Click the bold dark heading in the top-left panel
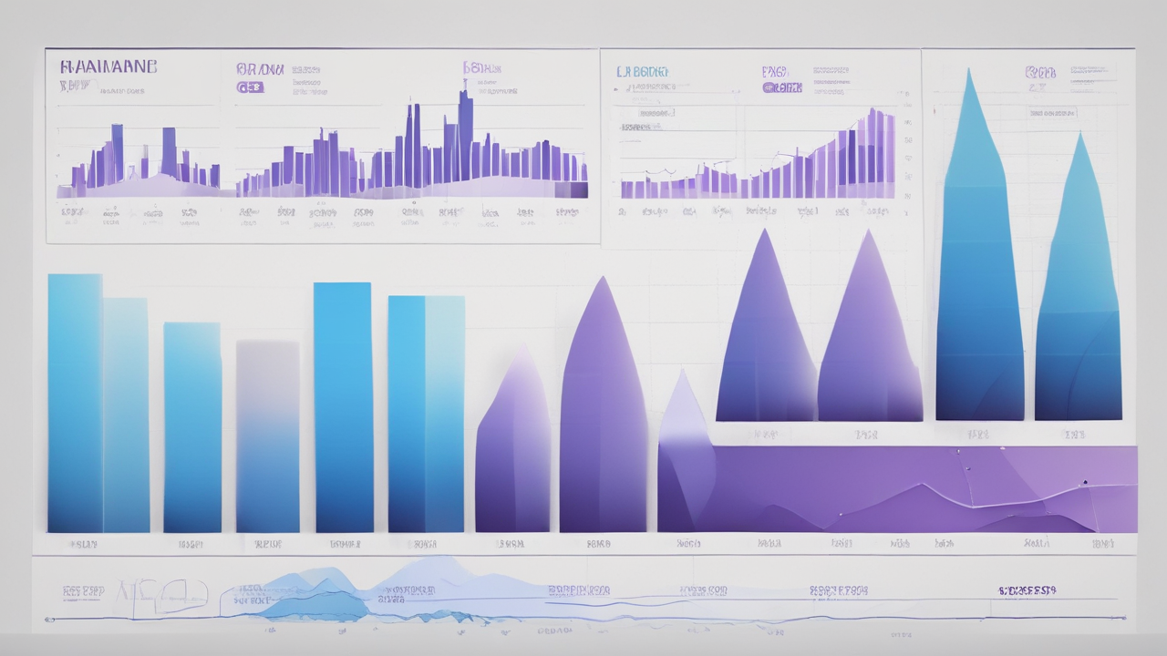[108, 67]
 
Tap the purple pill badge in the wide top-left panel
[250, 87]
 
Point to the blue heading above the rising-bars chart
[642, 71]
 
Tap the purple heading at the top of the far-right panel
[1040, 72]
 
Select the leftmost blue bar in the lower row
[75, 401]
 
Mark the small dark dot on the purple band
[1085, 481]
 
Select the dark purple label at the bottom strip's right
[1027, 591]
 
